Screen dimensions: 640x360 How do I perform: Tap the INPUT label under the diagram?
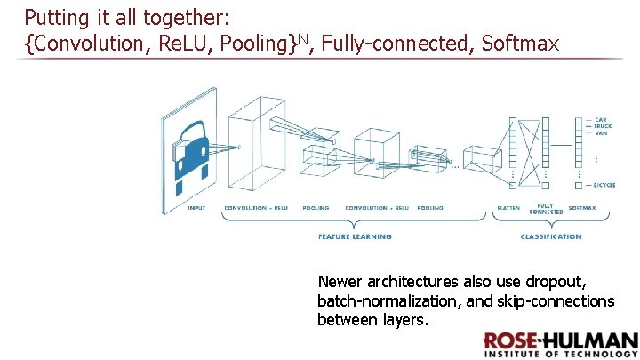pos(196,208)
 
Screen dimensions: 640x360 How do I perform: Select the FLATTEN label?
pos(508,208)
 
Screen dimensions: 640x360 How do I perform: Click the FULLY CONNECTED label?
pos(546,210)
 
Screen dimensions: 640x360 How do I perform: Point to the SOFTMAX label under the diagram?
pos(582,208)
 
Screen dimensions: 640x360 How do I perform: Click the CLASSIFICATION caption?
pos(551,236)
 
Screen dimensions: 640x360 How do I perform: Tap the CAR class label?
pos(601,120)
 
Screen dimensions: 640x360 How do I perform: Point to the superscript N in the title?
pos(303,36)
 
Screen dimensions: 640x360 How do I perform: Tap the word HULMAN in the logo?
pos(597,342)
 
